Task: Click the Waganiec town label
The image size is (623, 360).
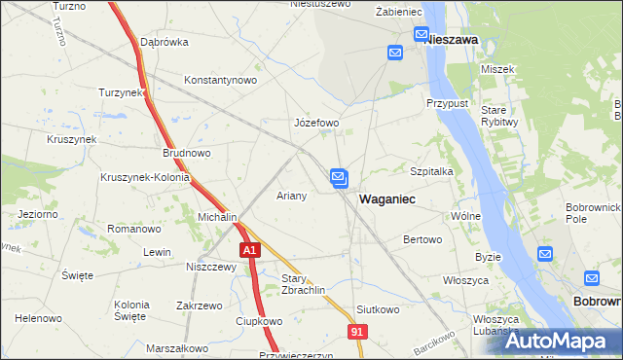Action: pyautogui.click(x=387, y=198)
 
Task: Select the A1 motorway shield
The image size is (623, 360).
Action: pyautogui.click(x=250, y=250)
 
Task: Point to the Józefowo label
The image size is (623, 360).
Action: pyautogui.click(x=316, y=124)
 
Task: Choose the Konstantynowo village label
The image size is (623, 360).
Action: pyautogui.click(x=220, y=80)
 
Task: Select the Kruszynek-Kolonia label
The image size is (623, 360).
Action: pyautogui.click(x=143, y=178)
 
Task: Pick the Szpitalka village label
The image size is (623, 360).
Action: pyautogui.click(x=433, y=170)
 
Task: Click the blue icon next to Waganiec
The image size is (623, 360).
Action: pyautogui.click(x=338, y=177)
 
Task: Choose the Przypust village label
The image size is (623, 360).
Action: pyautogui.click(x=448, y=102)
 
